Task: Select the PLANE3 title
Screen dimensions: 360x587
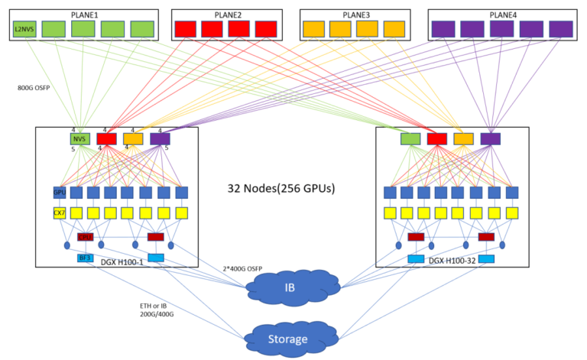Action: point(355,15)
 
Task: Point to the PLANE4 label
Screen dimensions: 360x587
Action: point(501,15)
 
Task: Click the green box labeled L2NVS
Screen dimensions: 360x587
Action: point(23,29)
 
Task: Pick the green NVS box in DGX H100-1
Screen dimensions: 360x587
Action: point(79,139)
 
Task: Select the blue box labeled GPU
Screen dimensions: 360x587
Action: point(60,192)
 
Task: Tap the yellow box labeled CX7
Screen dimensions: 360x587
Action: point(60,212)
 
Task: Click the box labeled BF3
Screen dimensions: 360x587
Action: point(85,258)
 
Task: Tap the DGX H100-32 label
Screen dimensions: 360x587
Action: point(456,261)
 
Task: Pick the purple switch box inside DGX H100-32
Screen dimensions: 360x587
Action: point(490,138)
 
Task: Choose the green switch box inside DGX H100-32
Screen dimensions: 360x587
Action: point(410,138)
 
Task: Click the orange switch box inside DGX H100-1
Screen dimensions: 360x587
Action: point(133,139)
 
